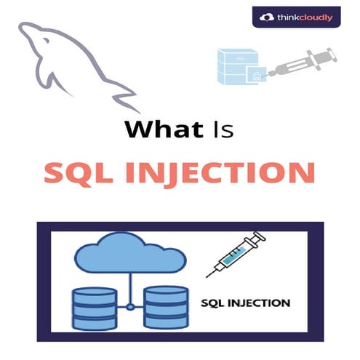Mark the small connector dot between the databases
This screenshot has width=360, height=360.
pyautogui.click(x=129, y=306)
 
